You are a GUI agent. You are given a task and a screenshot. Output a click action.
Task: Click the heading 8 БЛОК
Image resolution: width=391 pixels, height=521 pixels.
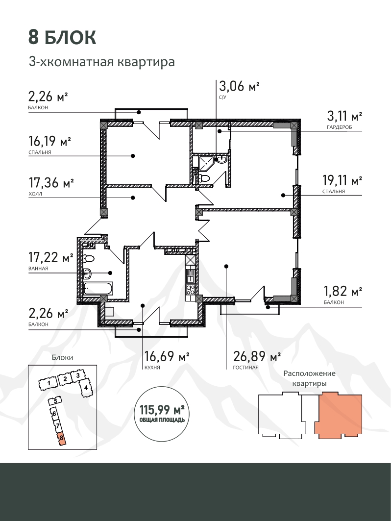pos(62,37)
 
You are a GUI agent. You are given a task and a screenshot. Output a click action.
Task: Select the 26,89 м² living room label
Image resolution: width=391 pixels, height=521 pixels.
pos(257,356)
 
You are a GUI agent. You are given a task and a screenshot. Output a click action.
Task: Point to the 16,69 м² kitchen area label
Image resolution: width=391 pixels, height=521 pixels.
pos(167,356)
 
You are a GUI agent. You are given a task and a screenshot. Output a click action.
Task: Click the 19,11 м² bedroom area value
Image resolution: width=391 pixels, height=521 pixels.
pos(342,180)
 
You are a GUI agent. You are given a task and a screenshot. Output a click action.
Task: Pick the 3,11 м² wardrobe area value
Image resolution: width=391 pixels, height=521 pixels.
pos(344,116)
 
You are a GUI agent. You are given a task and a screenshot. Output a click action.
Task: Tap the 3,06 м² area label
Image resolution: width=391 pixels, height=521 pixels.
pos(239,86)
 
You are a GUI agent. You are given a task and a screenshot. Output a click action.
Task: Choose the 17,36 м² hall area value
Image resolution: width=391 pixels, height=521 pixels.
pos(51,182)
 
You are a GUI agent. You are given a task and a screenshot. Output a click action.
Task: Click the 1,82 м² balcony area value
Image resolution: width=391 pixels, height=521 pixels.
pos(343,291)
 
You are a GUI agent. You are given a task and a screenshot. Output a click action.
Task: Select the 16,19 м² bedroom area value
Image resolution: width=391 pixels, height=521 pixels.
pos(50,141)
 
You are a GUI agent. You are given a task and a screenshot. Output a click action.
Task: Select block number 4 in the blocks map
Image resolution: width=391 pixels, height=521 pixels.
pos(86,388)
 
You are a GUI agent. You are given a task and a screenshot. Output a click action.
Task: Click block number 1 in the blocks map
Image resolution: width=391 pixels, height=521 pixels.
pos(49,383)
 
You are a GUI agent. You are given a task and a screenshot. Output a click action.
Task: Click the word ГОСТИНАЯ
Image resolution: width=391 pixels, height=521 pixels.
pos(246,368)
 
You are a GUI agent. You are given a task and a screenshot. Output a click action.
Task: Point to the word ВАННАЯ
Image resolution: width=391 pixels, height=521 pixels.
pos(39,269)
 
